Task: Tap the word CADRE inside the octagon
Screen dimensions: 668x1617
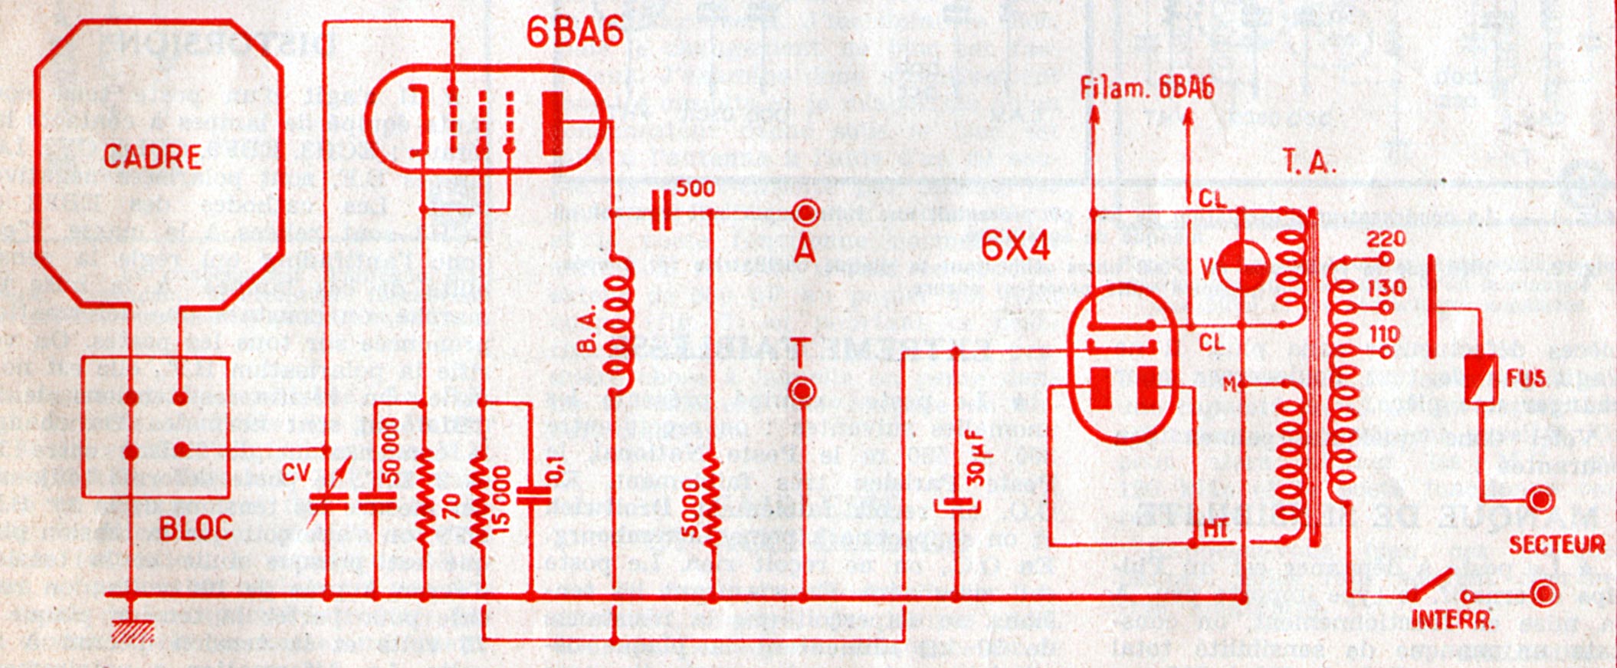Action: pyautogui.click(x=153, y=157)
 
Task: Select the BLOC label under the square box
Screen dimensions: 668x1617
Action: pyautogui.click(x=196, y=528)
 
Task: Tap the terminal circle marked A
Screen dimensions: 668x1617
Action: pyautogui.click(x=805, y=212)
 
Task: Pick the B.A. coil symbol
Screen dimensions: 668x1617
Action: pyautogui.click(x=622, y=325)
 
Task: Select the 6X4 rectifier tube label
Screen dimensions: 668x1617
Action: pyautogui.click(x=1015, y=246)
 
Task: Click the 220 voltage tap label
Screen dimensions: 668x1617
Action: pyautogui.click(x=1386, y=239)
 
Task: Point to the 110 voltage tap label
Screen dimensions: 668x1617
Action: pyautogui.click(x=1382, y=334)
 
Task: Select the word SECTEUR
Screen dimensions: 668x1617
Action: pyautogui.click(x=1556, y=545)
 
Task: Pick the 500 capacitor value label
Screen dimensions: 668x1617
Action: pyautogui.click(x=697, y=189)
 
